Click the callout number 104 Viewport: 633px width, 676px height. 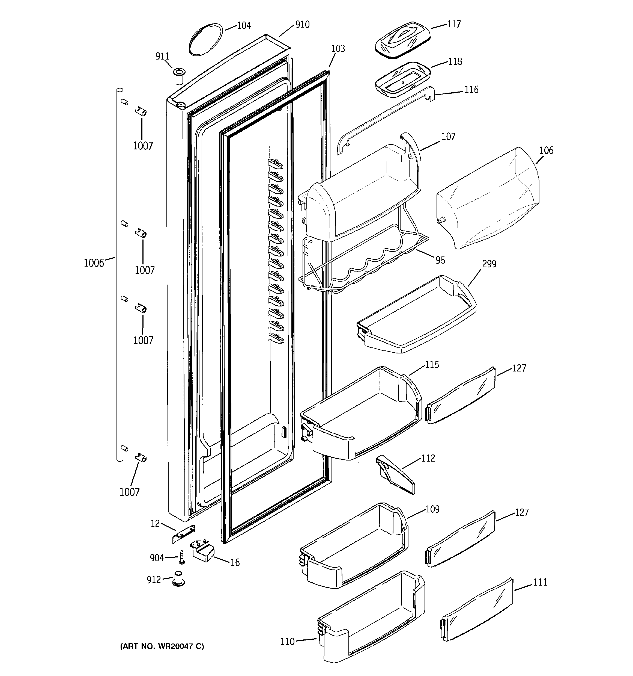tap(244, 25)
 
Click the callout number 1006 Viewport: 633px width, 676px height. tap(94, 263)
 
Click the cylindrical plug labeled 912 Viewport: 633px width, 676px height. tap(179, 579)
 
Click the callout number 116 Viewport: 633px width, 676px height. tap(471, 90)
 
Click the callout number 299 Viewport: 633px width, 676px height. tap(489, 264)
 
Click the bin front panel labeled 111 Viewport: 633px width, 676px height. tap(478, 610)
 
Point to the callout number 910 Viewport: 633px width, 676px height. tap(302, 25)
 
